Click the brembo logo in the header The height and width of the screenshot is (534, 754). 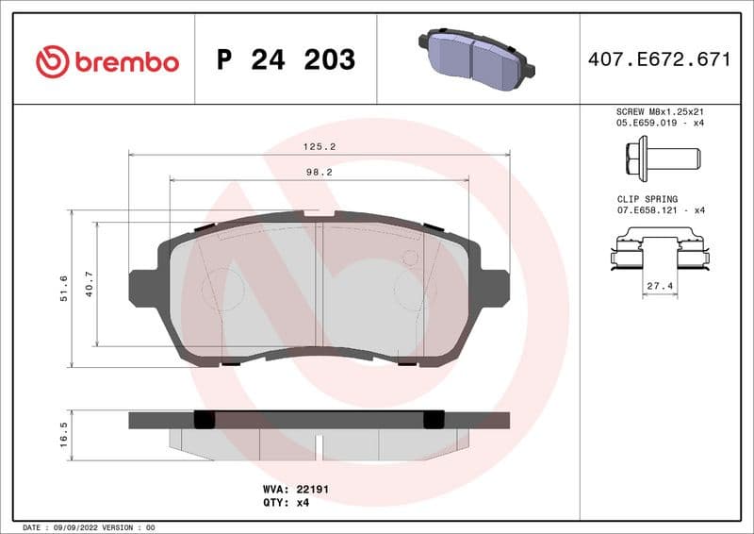(107, 61)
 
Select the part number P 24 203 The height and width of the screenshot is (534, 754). (286, 60)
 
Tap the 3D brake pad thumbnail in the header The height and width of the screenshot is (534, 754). (476, 56)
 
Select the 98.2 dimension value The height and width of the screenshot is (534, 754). (320, 173)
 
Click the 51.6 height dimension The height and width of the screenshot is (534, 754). (64, 289)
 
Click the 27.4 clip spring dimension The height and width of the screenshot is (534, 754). (659, 285)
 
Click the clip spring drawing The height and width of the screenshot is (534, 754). (659, 253)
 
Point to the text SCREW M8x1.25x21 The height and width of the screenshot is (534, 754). (659, 110)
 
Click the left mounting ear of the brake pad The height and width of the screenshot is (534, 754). (142, 288)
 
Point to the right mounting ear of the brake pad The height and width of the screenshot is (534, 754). (495, 288)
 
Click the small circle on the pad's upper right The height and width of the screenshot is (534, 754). (410, 258)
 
